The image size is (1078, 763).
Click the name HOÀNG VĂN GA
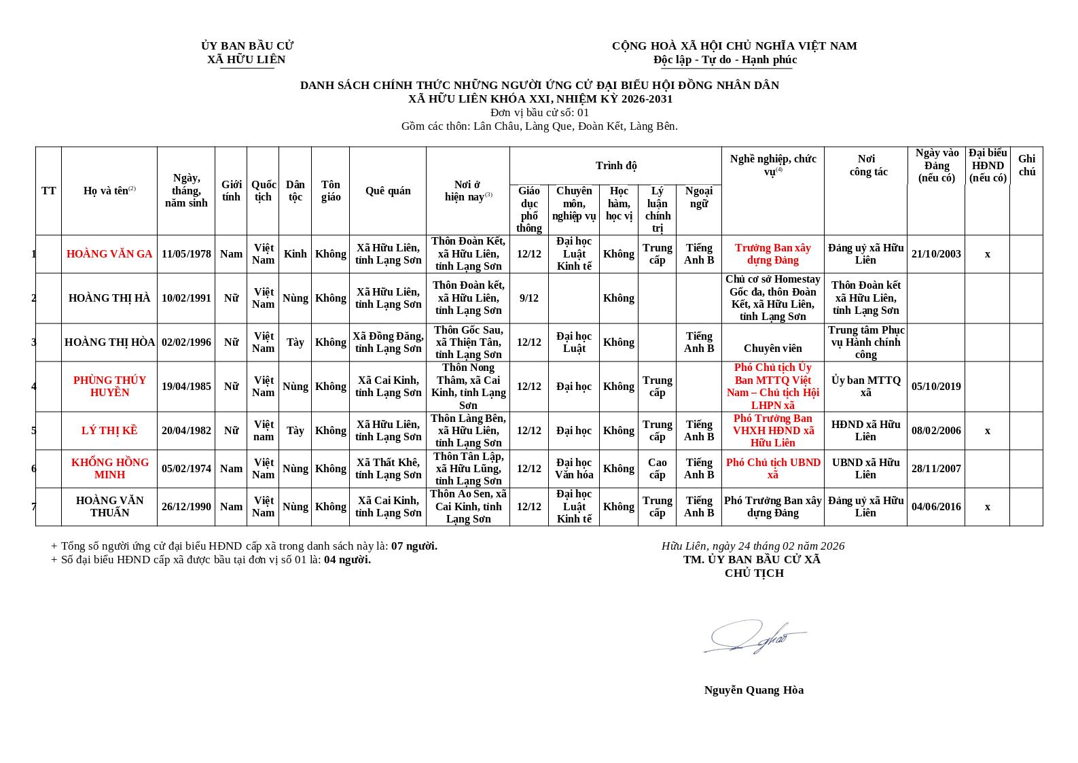click(109, 254)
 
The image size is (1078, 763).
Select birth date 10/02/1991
click(186, 298)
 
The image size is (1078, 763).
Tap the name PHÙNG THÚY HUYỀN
click(109, 387)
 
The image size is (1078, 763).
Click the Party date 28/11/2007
click(936, 469)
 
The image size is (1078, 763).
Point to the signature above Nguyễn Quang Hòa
click(754, 637)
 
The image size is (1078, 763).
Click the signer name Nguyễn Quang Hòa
click(753, 690)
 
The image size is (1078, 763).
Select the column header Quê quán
click(387, 191)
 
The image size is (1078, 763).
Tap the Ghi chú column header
click(1026, 165)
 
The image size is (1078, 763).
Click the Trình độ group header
click(615, 166)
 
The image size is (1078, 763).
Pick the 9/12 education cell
click(528, 298)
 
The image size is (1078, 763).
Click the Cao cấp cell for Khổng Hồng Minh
click(657, 469)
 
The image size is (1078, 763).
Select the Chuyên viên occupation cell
click(772, 349)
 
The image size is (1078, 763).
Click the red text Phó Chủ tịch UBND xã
click(773, 469)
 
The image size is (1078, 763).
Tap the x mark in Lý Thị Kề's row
click(987, 431)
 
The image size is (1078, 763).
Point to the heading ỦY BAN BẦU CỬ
click(247, 46)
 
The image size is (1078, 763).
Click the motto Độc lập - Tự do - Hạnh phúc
click(725, 60)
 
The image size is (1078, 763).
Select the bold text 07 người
click(414, 546)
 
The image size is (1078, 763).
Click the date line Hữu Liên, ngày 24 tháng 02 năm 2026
click(753, 546)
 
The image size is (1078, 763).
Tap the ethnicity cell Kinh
click(295, 254)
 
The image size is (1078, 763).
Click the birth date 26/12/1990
click(186, 507)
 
